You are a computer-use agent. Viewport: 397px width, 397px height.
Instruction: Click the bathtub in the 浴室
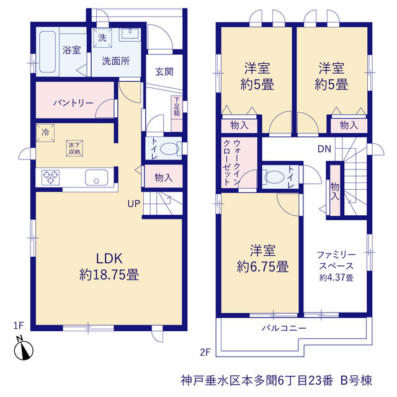point(47,51)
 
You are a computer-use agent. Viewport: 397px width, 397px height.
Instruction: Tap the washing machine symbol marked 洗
point(102,38)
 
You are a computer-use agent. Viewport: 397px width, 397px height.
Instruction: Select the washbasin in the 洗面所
point(130,35)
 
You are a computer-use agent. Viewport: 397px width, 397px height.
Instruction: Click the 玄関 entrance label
point(164,72)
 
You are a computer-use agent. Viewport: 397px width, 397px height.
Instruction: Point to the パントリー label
point(73,103)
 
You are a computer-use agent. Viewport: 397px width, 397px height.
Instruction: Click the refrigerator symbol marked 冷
point(45,133)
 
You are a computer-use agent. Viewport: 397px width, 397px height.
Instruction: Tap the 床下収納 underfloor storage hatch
point(74,148)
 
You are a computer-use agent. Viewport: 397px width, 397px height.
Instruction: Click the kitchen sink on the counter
point(96,177)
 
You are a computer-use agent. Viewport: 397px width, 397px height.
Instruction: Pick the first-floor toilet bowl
point(170,149)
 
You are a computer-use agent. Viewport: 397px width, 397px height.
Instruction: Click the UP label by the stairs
point(134,203)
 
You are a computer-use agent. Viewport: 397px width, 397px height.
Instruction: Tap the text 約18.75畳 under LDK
point(109,275)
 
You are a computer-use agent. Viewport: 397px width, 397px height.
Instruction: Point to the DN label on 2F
point(324,149)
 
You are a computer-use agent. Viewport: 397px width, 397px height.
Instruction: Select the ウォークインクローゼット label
point(231,162)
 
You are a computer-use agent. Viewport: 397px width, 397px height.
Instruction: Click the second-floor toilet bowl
point(274,177)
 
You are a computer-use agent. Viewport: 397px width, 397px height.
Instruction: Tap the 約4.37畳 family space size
point(336,278)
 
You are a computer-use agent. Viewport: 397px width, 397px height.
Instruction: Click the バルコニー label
point(284,328)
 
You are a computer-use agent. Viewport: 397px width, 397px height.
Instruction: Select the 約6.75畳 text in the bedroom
point(262,267)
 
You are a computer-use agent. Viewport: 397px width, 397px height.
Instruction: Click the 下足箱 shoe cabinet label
point(177,107)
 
